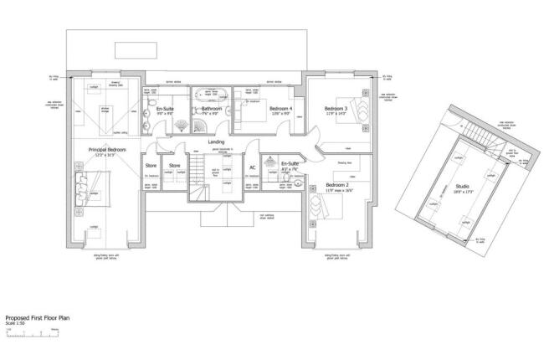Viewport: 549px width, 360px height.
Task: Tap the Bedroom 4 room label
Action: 280,108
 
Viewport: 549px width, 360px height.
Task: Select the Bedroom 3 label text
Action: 335,108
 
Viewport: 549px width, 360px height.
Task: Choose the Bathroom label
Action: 211,109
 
